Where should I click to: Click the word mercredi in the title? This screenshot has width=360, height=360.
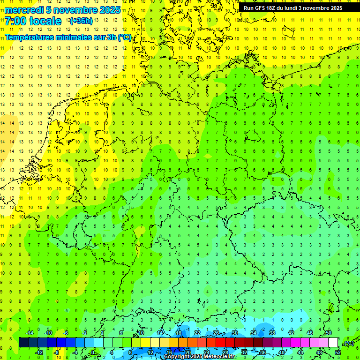(x=24, y=10)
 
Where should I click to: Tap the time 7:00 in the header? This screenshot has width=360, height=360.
(x=15, y=21)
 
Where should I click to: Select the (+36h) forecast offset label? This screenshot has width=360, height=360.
(x=81, y=21)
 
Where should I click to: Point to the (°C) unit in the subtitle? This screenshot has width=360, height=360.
(x=125, y=37)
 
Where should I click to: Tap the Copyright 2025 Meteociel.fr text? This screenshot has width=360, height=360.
(x=200, y=357)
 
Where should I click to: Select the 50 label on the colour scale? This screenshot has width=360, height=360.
(x=329, y=333)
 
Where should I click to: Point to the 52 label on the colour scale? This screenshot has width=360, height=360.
(x=338, y=352)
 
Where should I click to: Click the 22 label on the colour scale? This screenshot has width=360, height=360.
(x=197, y=333)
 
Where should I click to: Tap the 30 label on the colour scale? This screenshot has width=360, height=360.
(x=235, y=333)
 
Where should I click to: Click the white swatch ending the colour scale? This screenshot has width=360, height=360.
(x=333, y=343)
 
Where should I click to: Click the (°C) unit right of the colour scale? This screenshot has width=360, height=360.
(x=348, y=343)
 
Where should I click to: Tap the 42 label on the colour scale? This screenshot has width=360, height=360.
(x=291, y=333)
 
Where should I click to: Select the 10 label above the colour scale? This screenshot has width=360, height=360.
(x=141, y=333)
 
